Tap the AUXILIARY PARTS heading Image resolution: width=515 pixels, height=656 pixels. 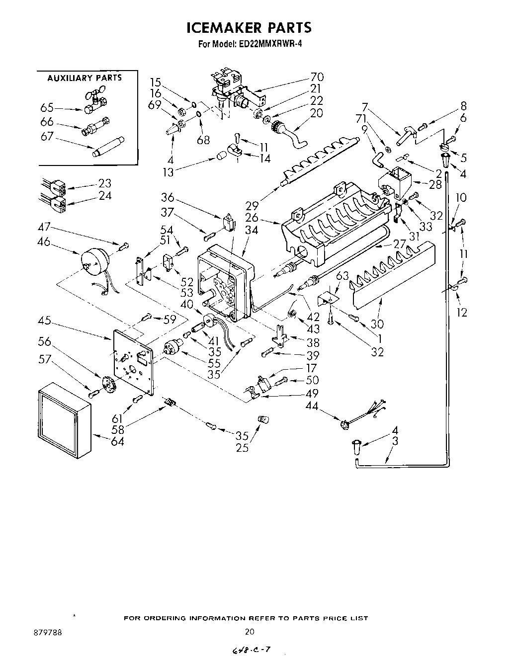tap(84, 78)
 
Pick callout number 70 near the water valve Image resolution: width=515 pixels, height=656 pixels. tap(317, 77)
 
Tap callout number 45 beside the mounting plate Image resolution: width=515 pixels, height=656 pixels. tap(45, 321)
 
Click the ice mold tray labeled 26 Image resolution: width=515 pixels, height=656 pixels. tap(333, 224)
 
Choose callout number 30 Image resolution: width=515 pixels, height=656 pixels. tap(377, 324)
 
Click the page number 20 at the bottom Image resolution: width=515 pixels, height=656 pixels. tap(250, 632)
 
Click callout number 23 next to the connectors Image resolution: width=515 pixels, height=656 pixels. tap(105, 183)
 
